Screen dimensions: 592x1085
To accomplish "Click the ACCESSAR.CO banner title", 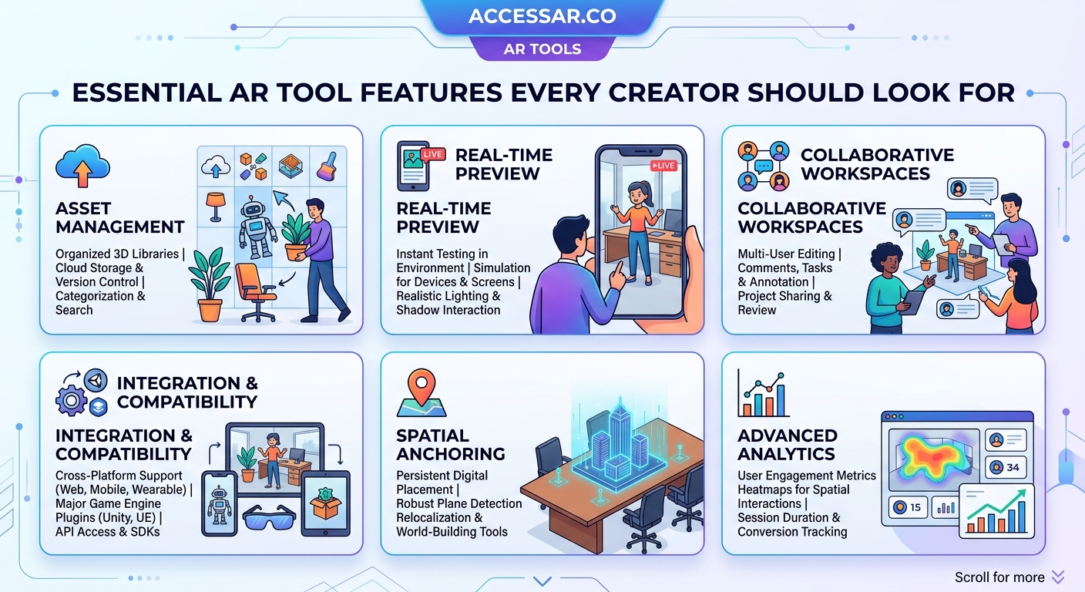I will [542, 15].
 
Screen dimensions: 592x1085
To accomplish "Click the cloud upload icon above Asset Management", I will [82, 166].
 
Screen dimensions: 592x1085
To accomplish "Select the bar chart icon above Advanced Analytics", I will [763, 393].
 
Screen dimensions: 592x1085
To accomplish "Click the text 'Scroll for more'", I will [999, 577].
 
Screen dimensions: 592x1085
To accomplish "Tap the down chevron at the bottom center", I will [542, 581].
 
